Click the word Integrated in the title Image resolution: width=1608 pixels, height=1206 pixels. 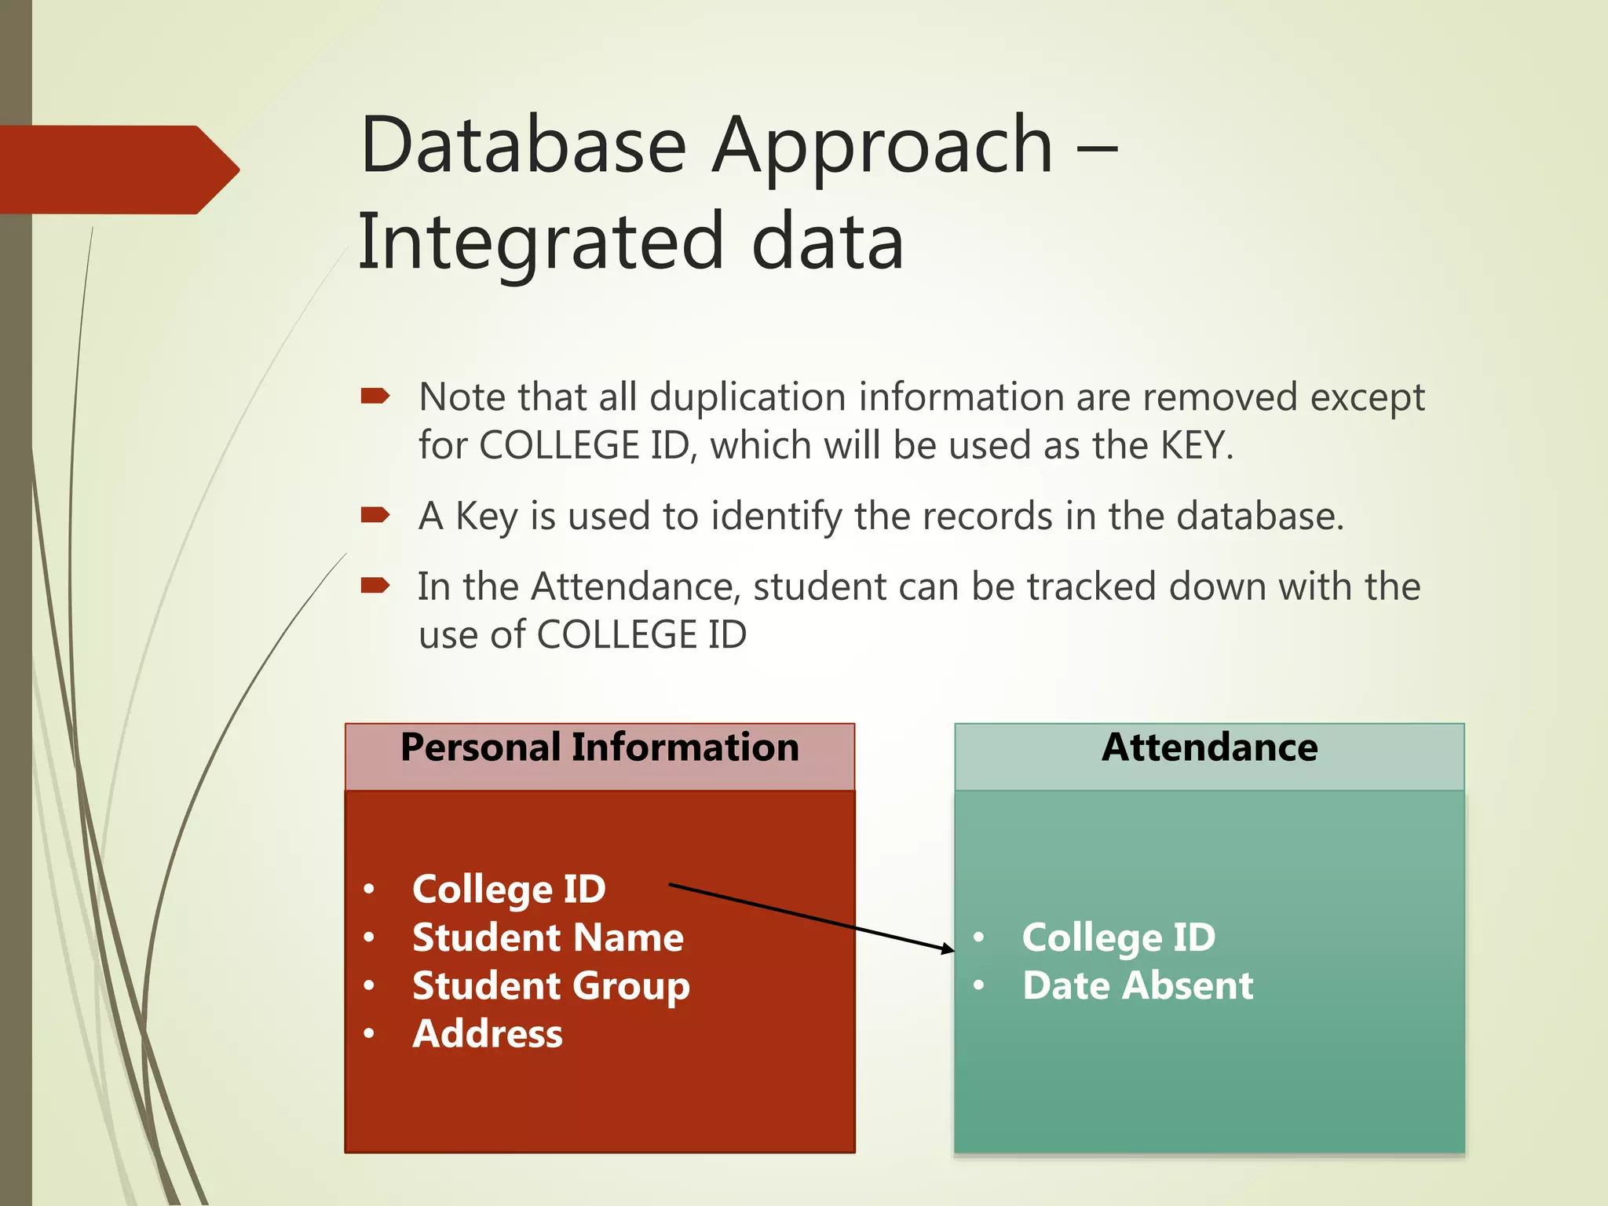pyautogui.click(x=540, y=242)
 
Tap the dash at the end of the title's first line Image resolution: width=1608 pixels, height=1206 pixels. pyautogui.click(x=1097, y=147)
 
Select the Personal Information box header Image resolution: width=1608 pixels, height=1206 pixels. pyautogui.click(x=600, y=748)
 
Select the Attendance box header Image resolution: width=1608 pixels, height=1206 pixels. pyautogui.click(x=1209, y=748)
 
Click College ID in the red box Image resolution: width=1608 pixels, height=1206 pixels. pyautogui.click(x=509, y=890)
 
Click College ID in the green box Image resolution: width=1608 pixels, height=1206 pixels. pyautogui.click(x=1118, y=938)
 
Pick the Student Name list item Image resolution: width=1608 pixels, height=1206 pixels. pyautogui.click(x=548, y=938)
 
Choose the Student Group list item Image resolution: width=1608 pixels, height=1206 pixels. pyautogui.click(x=551, y=987)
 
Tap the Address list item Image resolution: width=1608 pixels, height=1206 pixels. pyautogui.click(x=488, y=1034)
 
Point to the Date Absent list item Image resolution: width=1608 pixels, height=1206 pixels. pyautogui.click(x=1138, y=986)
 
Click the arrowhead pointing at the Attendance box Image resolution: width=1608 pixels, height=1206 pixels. pyautogui.click(x=948, y=949)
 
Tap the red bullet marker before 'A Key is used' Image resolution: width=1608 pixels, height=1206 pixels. pyautogui.click(x=375, y=515)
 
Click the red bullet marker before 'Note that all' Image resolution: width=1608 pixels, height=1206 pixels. pyautogui.click(x=375, y=396)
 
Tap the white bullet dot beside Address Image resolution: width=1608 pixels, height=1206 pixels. pyautogui.click(x=369, y=1034)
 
